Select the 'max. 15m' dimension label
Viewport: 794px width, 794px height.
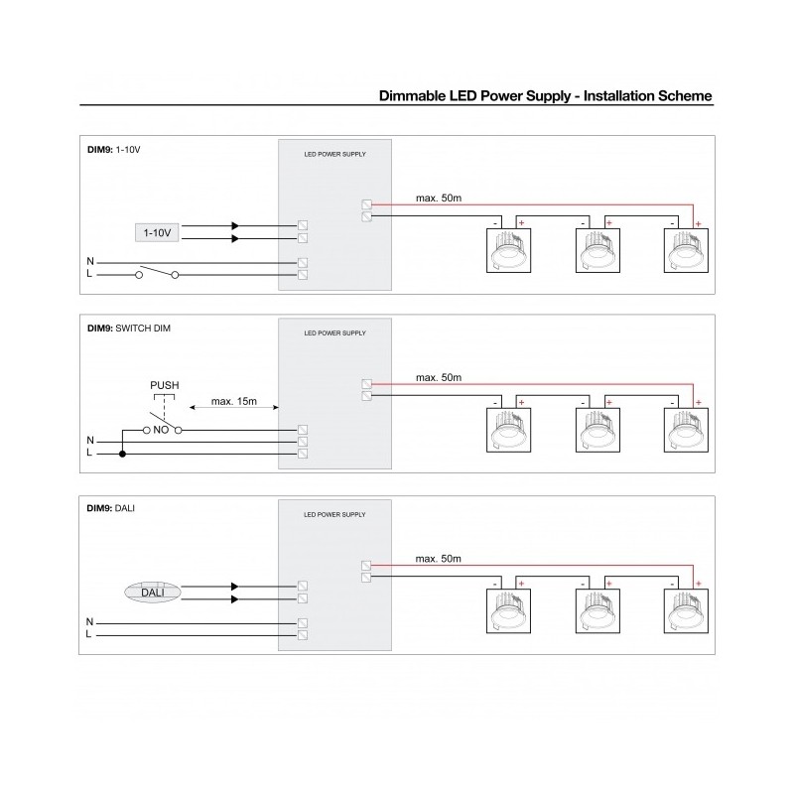click(x=234, y=402)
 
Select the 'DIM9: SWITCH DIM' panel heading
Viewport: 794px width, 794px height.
click(x=129, y=328)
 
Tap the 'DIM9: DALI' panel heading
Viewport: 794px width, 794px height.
click(x=111, y=507)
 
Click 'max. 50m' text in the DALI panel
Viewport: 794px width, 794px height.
click(x=438, y=559)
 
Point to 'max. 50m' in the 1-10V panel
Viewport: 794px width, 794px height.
click(x=438, y=198)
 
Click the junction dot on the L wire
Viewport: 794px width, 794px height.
click(x=122, y=454)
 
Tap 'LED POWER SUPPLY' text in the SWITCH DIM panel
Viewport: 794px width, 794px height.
click(x=334, y=333)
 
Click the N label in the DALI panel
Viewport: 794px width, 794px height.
click(x=90, y=621)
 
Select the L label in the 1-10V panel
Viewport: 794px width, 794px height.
click(x=90, y=274)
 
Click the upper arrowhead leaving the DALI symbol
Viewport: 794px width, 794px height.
click(x=235, y=586)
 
